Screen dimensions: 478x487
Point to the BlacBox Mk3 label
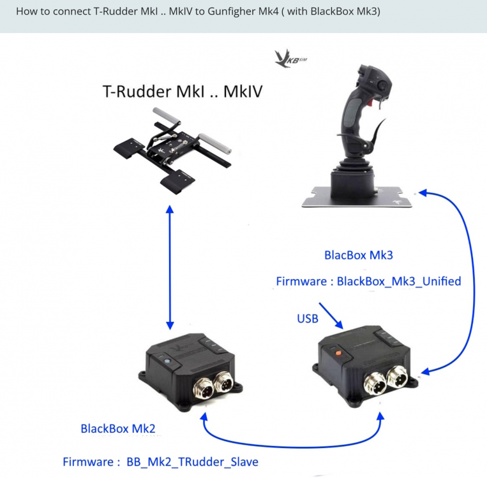point(358,256)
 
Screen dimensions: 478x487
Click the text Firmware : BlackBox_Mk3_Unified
point(368,281)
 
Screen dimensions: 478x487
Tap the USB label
point(308,317)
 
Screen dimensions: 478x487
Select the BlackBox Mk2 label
point(117,428)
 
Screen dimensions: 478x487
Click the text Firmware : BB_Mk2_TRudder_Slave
point(160,461)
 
